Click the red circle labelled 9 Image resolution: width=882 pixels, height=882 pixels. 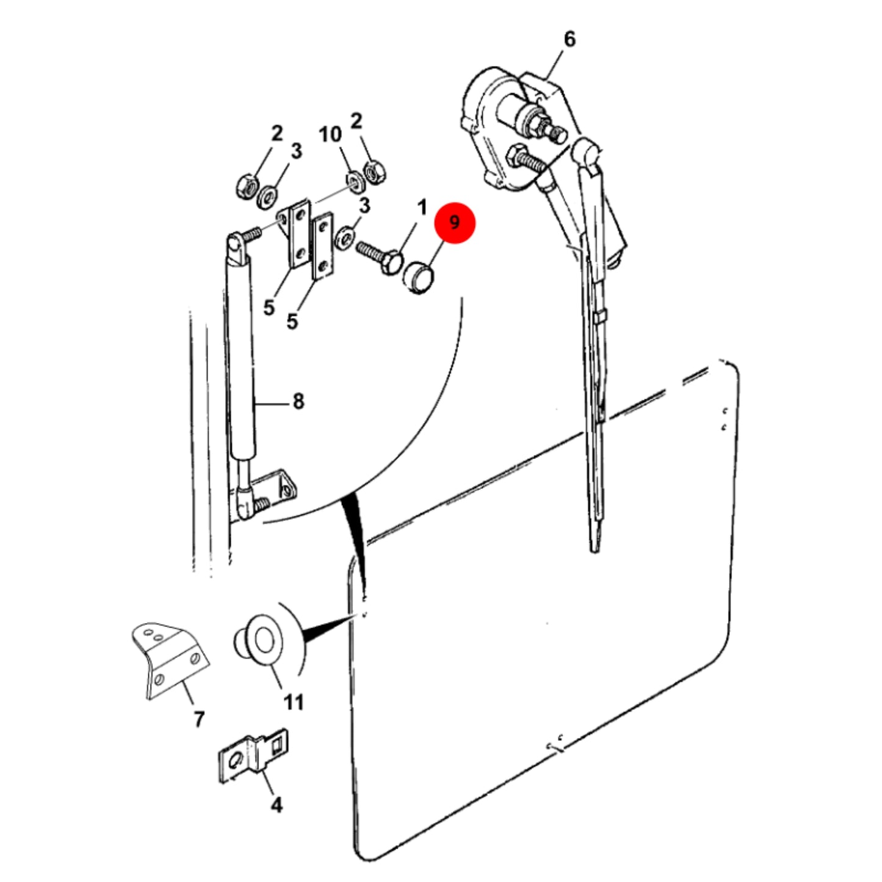(455, 223)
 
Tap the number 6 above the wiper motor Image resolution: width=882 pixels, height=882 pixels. (569, 40)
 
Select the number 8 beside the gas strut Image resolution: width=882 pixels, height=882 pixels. (298, 402)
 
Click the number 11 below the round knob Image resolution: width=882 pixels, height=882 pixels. (294, 702)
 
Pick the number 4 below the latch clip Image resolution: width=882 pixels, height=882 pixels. (277, 805)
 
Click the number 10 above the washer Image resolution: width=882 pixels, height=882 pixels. (330, 134)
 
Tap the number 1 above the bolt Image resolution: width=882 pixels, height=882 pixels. (422, 208)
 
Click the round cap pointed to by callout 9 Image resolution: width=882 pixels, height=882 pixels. (418, 278)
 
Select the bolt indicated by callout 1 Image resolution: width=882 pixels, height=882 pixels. (380, 257)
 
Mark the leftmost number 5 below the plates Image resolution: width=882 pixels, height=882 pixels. (269, 307)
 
